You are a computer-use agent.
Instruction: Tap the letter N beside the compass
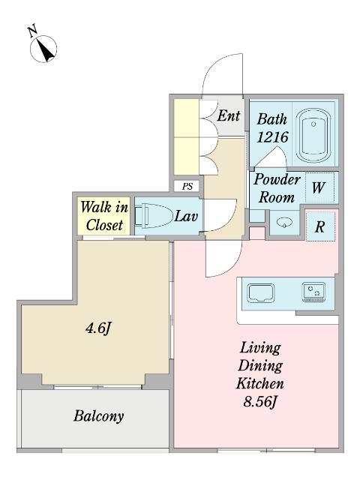pos(32,31)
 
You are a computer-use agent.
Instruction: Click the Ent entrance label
pos(228,116)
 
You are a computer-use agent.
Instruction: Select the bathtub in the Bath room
pos(313,135)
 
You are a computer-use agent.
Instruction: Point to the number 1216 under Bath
pos(272,136)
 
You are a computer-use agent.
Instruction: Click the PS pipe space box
pos(187,186)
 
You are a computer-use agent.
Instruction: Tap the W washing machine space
pos(320,187)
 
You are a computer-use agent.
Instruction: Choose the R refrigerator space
pos(320,226)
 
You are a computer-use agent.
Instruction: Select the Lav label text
pos(186,217)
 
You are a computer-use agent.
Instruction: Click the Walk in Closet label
pos(104,216)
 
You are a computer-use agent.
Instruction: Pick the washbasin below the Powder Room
pos(284,223)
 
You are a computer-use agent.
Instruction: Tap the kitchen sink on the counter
pos(261,293)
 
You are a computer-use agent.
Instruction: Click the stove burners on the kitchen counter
pos(313,292)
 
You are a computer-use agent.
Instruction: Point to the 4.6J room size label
pos(97,328)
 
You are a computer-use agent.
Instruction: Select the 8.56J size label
pos(260,401)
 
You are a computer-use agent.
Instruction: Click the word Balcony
pos(98,415)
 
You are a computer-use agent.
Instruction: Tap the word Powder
pos(277,179)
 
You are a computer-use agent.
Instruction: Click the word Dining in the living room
pos(260,365)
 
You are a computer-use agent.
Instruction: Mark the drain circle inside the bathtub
pos(313,124)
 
